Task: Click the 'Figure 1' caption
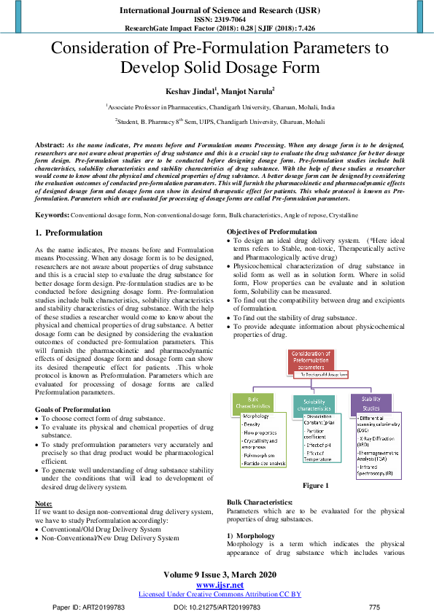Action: click(316, 486)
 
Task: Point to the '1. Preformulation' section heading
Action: click(69, 233)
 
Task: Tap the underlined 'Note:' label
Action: click(44, 504)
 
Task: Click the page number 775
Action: click(374, 607)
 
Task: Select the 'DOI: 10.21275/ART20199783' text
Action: click(217, 607)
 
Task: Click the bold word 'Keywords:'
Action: click(52, 216)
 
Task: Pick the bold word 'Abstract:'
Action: click(50, 146)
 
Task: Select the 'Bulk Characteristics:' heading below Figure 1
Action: click(259, 503)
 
